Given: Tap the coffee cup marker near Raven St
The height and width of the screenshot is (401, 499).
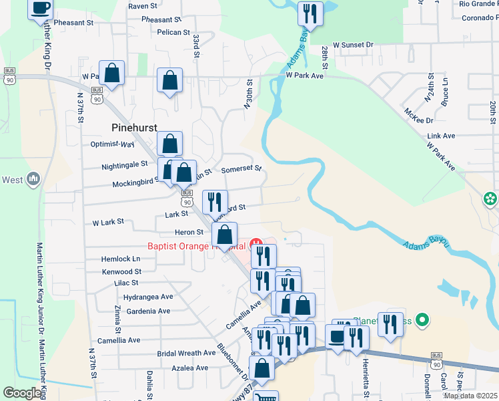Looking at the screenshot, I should (41, 9).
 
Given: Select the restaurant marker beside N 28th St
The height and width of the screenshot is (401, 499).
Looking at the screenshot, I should (310, 14).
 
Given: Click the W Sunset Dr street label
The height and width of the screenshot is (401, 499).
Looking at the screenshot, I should (353, 45).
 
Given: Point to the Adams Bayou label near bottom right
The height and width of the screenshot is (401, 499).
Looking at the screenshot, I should (424, 244).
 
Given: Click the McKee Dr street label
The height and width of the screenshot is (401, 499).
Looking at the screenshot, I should (420, 120).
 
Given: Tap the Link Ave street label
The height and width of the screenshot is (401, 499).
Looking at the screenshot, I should (441, 136).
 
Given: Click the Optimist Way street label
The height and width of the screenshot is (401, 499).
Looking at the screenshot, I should (112, 144).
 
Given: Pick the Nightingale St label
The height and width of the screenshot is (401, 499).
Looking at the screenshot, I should (125, 164).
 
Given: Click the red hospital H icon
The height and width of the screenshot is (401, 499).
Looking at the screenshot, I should (254, 243).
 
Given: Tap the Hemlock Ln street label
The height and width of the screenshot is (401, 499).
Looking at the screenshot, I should (121, 259).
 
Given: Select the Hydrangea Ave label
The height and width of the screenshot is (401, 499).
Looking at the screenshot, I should (148, 297).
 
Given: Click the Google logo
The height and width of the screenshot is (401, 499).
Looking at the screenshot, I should (22, 393).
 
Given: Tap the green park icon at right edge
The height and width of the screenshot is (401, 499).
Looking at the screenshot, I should (490, 198).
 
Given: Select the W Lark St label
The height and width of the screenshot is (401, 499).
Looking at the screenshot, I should (107, 221).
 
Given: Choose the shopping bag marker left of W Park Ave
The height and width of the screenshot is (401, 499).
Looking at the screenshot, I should (112, 74).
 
